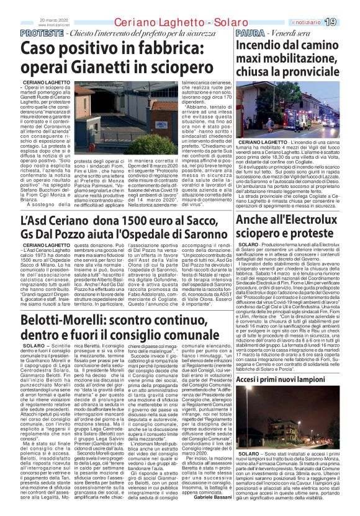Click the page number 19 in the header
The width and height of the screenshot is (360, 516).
[x=346, y=6]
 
